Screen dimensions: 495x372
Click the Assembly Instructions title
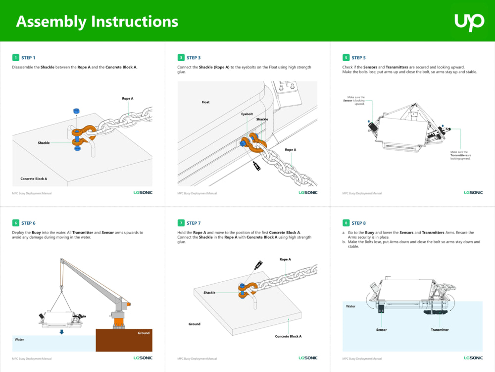click(x=97, y=22)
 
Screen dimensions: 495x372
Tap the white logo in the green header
click(x=469, y=22)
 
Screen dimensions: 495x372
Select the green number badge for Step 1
click(x=16, y=58)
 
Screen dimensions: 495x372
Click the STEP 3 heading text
click(x=194, y=58)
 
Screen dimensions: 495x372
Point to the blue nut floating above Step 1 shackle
click(x=76, y=111)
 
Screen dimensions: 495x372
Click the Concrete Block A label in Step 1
click(x=34, y=179)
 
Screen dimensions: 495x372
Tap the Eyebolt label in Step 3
click(x=247, y=114)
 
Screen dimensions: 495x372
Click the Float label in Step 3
click(x=205, y=102)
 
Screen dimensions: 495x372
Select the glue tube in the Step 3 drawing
click(x=256, y=166)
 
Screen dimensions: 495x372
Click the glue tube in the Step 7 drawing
click(x=258, y=265)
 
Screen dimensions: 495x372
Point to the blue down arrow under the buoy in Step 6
click(x=61, y=332)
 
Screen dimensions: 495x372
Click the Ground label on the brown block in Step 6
click(x=144, y=333)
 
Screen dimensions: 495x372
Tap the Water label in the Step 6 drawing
click(x=19, y=339)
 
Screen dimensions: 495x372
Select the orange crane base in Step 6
click(x=118, y=323)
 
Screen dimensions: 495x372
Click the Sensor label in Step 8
click(x=381, y=330)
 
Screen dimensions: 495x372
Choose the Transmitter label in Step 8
click(x=440, y=330)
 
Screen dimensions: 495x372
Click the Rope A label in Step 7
click(x=285, y=259)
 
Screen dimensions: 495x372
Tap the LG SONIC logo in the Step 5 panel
click(x=473, y=192)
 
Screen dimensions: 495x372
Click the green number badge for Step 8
click(x=346, y=223)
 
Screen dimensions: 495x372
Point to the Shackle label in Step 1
click(x=44, y=143)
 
